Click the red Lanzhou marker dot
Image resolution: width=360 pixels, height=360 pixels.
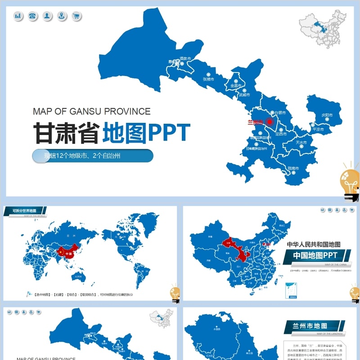point(270,121)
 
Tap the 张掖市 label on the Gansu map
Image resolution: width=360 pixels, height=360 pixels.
point(208,79)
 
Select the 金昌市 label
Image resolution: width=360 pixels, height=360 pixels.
point(236,85)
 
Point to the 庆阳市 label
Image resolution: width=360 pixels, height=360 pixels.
point(327,116)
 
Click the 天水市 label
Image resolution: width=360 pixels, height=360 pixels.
point(301,143)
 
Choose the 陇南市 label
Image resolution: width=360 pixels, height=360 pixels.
point(293,168)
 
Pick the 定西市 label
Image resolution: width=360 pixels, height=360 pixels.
point(281,134)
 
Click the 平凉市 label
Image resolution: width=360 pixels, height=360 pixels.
point(318,130)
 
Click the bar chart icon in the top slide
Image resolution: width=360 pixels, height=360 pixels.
point(18,17)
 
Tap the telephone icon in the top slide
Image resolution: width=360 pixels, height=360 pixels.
point(32,17)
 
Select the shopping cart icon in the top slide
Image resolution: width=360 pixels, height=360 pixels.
point(76,17)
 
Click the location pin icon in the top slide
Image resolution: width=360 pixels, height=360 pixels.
point(62,17)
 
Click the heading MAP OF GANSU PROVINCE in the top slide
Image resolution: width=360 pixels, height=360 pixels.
point(92,112)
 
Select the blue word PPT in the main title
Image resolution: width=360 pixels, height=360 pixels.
point(170,132)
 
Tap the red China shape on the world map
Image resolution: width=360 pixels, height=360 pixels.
point(66,252)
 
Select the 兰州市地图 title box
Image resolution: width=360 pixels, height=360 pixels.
point(310,326)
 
